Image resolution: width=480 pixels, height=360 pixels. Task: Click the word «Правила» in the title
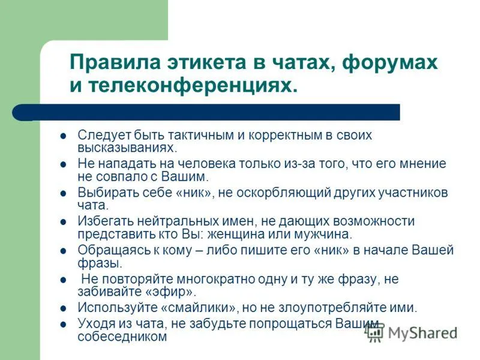(x=115, y=62)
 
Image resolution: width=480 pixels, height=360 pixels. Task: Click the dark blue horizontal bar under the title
(x=206, y=112)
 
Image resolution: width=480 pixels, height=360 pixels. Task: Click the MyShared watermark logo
(x=412, y=333)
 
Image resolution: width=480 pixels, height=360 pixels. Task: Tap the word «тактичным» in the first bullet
(x=201, y=135)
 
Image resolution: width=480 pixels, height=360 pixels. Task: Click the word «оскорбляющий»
(x=284, y=193)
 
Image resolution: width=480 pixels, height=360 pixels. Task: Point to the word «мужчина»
(x=323, y=234)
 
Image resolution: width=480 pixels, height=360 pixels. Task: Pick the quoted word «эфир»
(x=170, y=292)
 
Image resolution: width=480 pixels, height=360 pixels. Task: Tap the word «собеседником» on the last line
(x=122, y=337)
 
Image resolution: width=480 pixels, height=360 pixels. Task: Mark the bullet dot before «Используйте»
(x=64, y=308)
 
